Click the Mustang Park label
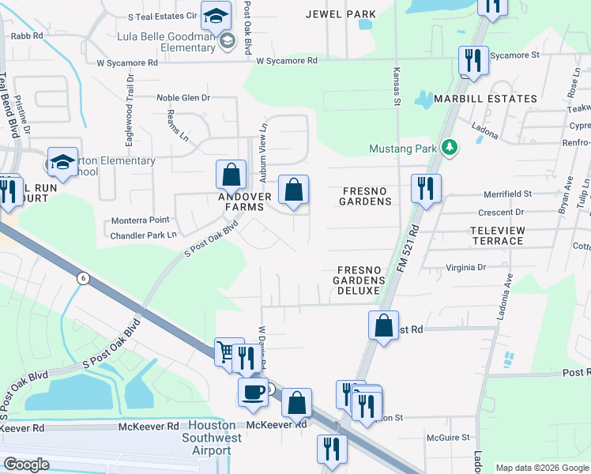(x=405, y=149)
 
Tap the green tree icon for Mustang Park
(x=450, y=148)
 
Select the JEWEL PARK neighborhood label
(x=341, y=14)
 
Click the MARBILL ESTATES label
(x=486, y=99)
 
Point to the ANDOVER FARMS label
(x=246, y=201)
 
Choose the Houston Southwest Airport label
(x=207, y=437)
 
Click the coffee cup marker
(x=253, y=392)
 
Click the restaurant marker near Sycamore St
(x=472, y=60)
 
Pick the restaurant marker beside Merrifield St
(x=426, y=188)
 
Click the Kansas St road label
(x=397, y=87)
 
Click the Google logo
(x=26, y=465)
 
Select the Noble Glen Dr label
(x=183, y=98)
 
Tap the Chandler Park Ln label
(x=144, y=235)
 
